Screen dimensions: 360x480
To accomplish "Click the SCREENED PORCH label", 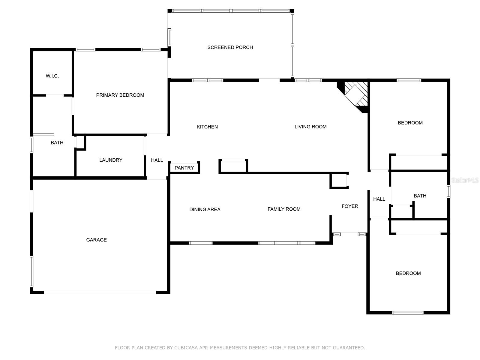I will (230, 47).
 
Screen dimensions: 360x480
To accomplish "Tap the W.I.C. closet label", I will (52, 76).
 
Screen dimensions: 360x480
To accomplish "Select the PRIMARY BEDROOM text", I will (120, 95).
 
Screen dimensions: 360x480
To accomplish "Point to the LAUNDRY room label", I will (111, 160).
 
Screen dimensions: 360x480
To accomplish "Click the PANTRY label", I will (184, 168).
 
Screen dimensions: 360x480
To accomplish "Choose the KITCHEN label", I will (207, 127).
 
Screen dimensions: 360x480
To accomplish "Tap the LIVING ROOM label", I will (310, 127).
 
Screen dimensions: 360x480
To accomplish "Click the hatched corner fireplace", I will (356, 94).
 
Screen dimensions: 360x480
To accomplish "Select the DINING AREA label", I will (205, 209).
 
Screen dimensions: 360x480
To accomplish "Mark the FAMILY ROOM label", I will (284, 209).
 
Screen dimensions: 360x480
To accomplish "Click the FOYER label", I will (350, 206).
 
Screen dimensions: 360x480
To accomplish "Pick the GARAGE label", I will (96, 240).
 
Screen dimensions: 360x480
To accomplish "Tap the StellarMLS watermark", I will (465, 180).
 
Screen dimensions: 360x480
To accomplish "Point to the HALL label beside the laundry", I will (157, 160).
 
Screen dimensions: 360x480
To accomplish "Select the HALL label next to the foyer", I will (379, 199).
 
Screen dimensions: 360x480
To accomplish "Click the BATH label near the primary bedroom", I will (57, 143).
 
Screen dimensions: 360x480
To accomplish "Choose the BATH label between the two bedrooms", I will (420, 196).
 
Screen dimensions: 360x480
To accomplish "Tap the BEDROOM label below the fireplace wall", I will (410, 123).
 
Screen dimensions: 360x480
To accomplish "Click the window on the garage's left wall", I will (31, 271).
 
